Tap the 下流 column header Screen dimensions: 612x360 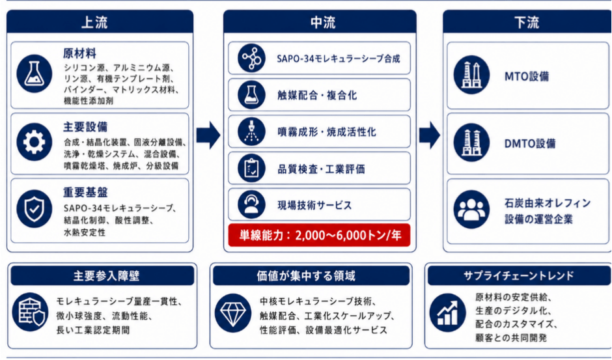tap(527, 21)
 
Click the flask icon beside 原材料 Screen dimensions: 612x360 tap(35, 74)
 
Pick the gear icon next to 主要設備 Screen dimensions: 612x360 tap(35, 142)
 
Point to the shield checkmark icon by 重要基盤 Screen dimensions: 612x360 tap(35, 208)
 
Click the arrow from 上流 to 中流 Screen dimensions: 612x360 tap(208, 135)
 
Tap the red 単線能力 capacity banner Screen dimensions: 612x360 tap(319, 235)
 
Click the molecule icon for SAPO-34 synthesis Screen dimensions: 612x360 tap(251, 58)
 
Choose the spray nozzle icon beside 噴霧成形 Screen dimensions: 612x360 tap(251, 132)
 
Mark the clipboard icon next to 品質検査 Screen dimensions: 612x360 tap(251, 169)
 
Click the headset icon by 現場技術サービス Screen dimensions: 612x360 tap(251, 204)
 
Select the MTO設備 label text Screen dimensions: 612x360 tap(527, 76)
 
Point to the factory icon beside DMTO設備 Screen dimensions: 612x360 tap(471, 143)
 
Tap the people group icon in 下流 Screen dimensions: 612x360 tap(471, 209)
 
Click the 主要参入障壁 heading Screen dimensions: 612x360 tap(107, 276)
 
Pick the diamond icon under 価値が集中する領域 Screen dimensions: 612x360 tap(233, 313)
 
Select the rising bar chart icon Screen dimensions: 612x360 tap(448, 313)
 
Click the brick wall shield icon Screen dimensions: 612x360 tap(30, 312)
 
